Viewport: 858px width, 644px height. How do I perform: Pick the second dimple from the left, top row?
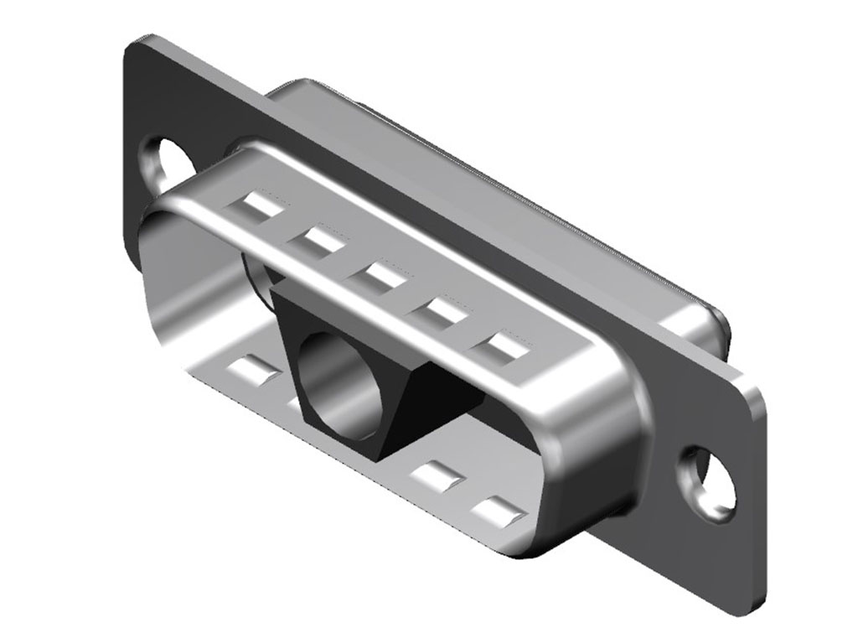click(x=316, y=241)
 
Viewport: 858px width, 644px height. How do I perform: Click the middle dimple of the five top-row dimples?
click(x=375, y=275)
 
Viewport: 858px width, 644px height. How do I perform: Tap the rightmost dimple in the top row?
click(x=500, y=346)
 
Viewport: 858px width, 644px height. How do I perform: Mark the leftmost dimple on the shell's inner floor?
click(x=252, y=369)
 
